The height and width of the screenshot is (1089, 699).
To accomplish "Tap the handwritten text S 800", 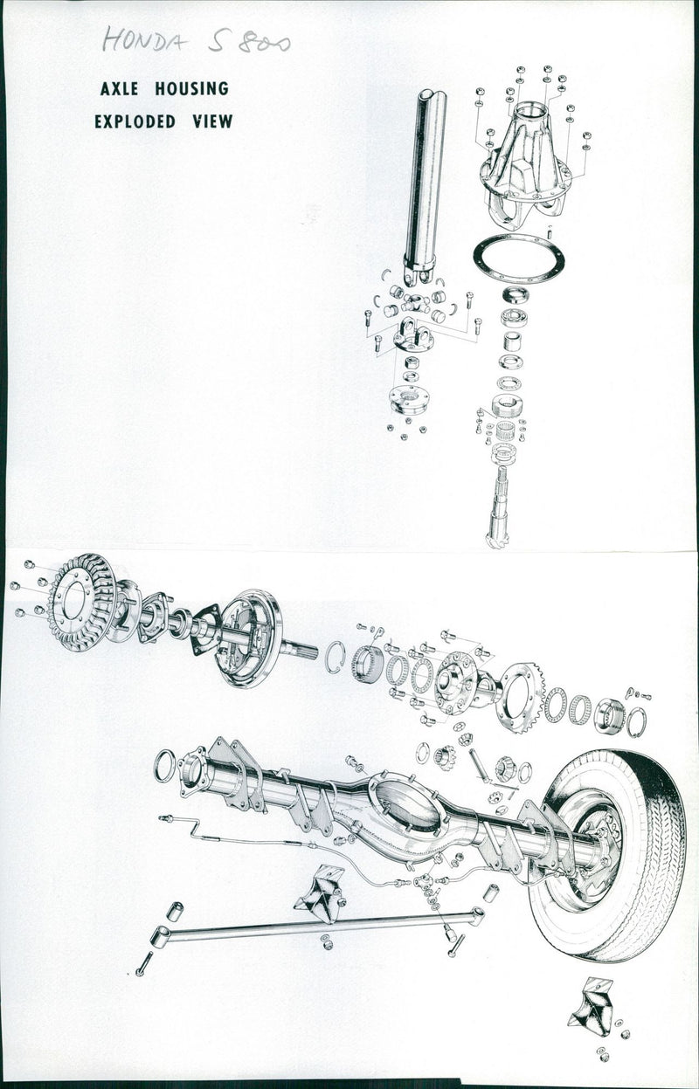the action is pyautogui.click(x=249, y=42).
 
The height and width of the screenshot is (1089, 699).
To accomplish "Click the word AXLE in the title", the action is pyautogui.click(x=119, y=89).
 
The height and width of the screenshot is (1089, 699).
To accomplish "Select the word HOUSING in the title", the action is pyautogui.click(x=191, y=89).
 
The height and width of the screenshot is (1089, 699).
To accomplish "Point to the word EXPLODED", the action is pyautogui.click(x=135, y=121).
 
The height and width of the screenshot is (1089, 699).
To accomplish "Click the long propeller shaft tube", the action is pyautogui.click(x=424, y=185).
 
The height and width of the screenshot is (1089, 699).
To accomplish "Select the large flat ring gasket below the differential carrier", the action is pyautogui.click(x=518, y=258).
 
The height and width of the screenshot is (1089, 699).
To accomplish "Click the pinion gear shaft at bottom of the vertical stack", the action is pyautogui.click(x=499, y=507).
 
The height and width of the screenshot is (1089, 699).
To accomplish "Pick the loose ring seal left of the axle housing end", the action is pyautogui.click(x=164, y=766).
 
